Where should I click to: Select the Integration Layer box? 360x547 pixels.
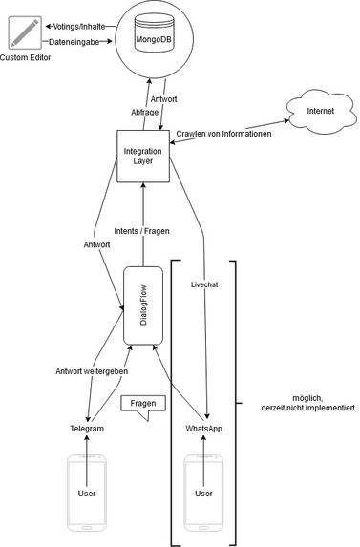142,155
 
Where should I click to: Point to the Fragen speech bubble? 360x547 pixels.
141,405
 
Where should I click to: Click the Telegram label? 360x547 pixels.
87,430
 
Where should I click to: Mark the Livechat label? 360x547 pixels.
205,284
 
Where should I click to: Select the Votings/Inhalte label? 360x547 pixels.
80,25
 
